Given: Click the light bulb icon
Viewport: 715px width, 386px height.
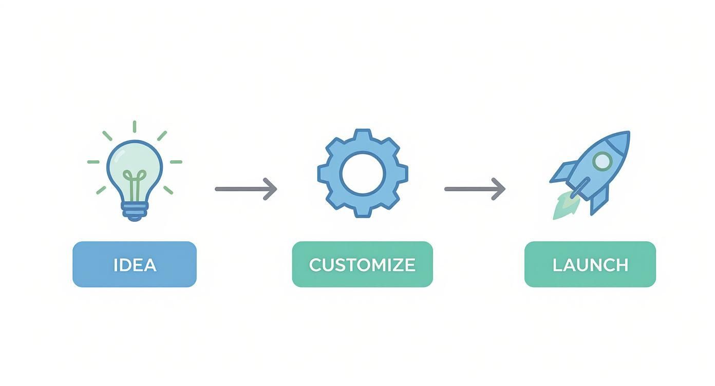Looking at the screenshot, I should click(135, 175).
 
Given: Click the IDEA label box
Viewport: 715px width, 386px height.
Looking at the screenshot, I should click(135, 264).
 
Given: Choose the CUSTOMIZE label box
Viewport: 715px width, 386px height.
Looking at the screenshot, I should click(362, 264).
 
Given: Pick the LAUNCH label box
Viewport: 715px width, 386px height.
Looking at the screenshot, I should click(590, 264).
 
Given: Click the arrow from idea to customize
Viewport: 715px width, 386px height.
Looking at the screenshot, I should click(246, 189).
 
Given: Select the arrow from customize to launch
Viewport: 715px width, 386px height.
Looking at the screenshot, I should click(475, 189).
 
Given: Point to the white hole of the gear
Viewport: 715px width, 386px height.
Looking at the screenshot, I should click(363, 173).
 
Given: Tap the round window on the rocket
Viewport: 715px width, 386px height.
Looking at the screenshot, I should click(603, 161).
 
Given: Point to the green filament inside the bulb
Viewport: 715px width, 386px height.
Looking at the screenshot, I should click(135, 185).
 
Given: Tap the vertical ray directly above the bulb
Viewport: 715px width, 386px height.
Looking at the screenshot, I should click(135, 127).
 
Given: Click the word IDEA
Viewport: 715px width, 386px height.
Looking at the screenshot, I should click(135, 265).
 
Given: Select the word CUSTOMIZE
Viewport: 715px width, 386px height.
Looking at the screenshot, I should click(362, 265).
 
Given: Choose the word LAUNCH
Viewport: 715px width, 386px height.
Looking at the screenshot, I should click(590, 265).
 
